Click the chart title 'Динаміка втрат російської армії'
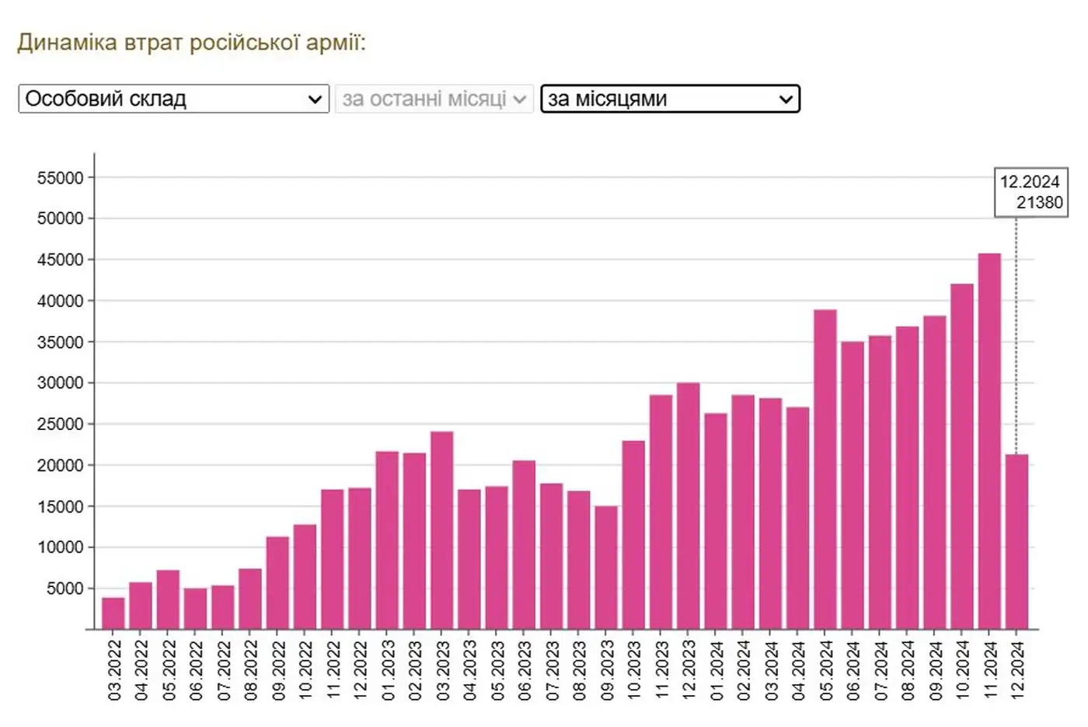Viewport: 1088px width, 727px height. [191, 42]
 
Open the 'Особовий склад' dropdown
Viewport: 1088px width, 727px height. [173, 99]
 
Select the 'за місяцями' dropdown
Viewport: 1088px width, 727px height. [670, 99]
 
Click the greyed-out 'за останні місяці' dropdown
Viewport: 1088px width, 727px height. [434, 99]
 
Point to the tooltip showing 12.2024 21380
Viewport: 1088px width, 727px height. [1030, 192]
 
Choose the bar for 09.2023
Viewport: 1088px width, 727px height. [606, 568]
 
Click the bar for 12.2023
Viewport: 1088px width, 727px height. [688, 505]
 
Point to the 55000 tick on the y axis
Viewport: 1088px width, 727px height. [61, 178]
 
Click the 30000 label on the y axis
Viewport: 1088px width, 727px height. [61, 383]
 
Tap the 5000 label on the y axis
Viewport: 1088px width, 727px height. [65, 589]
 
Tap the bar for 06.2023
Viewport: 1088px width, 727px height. [524, 544]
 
